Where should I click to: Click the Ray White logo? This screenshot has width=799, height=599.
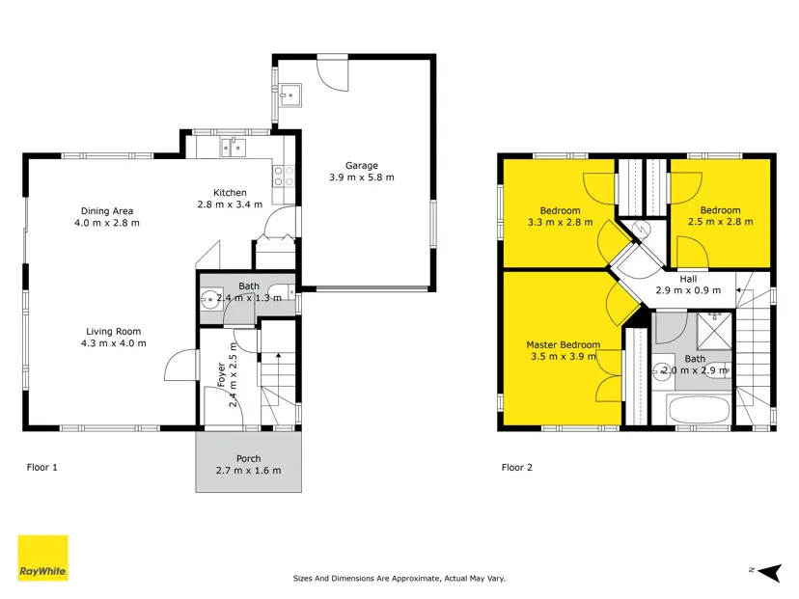[x=42, y=558]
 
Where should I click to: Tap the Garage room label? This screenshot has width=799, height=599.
[x=362, y=166]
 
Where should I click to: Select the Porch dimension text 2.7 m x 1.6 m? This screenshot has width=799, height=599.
[x=248, y=471]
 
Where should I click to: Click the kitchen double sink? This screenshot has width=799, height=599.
[x=234, y=148]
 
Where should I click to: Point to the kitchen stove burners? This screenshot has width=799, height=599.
[x=284, y=177]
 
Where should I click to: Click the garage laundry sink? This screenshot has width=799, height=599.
[x=290, y=95]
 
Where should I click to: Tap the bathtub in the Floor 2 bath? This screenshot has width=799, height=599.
[x=699, y=410]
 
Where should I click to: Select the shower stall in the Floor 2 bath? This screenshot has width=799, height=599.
[x=714, y=331]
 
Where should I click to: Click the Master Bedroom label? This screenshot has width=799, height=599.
[x=564, y=344]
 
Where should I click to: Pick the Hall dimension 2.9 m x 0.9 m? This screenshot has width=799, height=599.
[x=688, y=290]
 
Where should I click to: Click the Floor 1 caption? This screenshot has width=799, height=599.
[x=41, y=467]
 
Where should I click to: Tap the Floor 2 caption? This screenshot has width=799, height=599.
[x=516, y=467]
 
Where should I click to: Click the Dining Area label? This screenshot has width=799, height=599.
[x=107, y=211]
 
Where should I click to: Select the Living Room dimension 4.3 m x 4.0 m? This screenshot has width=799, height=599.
[x=114, y=343]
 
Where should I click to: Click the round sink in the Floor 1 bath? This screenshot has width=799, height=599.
[x=209, y=299]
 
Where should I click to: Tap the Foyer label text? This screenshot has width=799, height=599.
[x=221, y=374]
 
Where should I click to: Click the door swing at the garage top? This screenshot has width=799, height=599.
[x=333, y=75]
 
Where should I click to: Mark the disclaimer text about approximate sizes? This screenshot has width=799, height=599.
[x=399, y=579]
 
